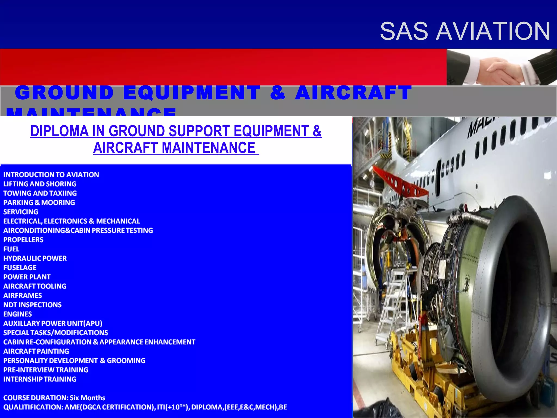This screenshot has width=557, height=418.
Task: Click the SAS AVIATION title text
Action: (465, 31)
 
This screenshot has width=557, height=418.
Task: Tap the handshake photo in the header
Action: (502, 67)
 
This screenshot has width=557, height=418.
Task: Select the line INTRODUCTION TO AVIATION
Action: (51, 175)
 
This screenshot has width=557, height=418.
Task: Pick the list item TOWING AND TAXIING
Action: (40, 193)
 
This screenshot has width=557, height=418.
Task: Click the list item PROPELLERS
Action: (23, 240)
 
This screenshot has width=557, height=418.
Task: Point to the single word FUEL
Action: (11, 249)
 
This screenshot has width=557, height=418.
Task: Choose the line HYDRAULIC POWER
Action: (35, 258)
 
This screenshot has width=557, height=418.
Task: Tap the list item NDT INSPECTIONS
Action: (32, 305)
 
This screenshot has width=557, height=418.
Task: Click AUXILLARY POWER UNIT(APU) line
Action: (53, 323)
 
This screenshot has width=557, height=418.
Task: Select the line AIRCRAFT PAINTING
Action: (36, 351)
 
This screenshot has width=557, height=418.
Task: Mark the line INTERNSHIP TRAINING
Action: (40, 379)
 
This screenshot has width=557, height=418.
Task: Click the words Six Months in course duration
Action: (87, 398)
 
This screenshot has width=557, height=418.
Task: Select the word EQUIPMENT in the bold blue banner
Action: (192, 93)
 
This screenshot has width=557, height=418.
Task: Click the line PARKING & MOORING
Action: (39, 202)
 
